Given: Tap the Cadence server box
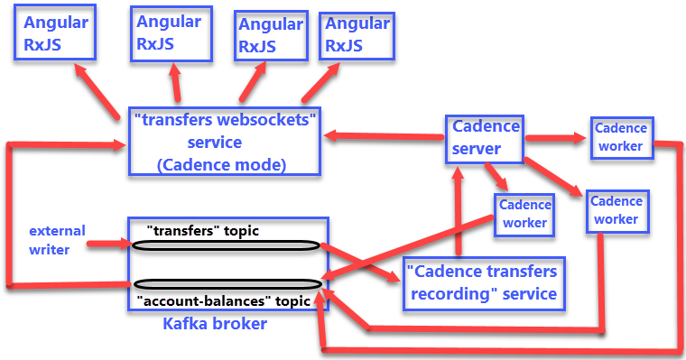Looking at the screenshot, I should tap(486, 137).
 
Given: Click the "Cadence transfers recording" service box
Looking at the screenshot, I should tap(481, 282).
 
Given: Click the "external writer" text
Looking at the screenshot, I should tap(56, 239).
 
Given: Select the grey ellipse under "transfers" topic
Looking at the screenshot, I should tap(225, 245).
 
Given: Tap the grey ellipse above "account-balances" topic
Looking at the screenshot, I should tap(225, 284).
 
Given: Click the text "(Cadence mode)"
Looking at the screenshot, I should tap(221, 164).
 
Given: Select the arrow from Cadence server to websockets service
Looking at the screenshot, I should tap(384, 136).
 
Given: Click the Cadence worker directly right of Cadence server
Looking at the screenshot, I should tap(618, 138).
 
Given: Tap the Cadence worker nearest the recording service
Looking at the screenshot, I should tap(524, 214).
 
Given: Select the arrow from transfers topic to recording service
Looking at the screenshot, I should tap(361, 263).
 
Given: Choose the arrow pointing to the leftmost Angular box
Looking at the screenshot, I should tap(97, 94).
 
